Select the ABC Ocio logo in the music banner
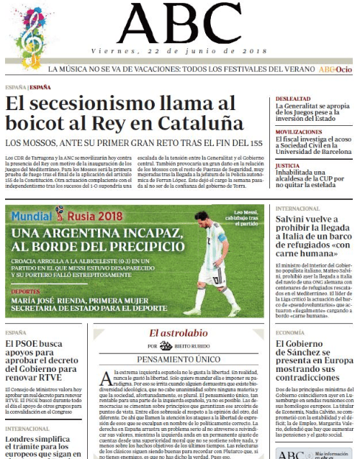point(335,70)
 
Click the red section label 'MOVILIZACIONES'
point(299,132)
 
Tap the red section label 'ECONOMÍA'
point(294,332)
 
